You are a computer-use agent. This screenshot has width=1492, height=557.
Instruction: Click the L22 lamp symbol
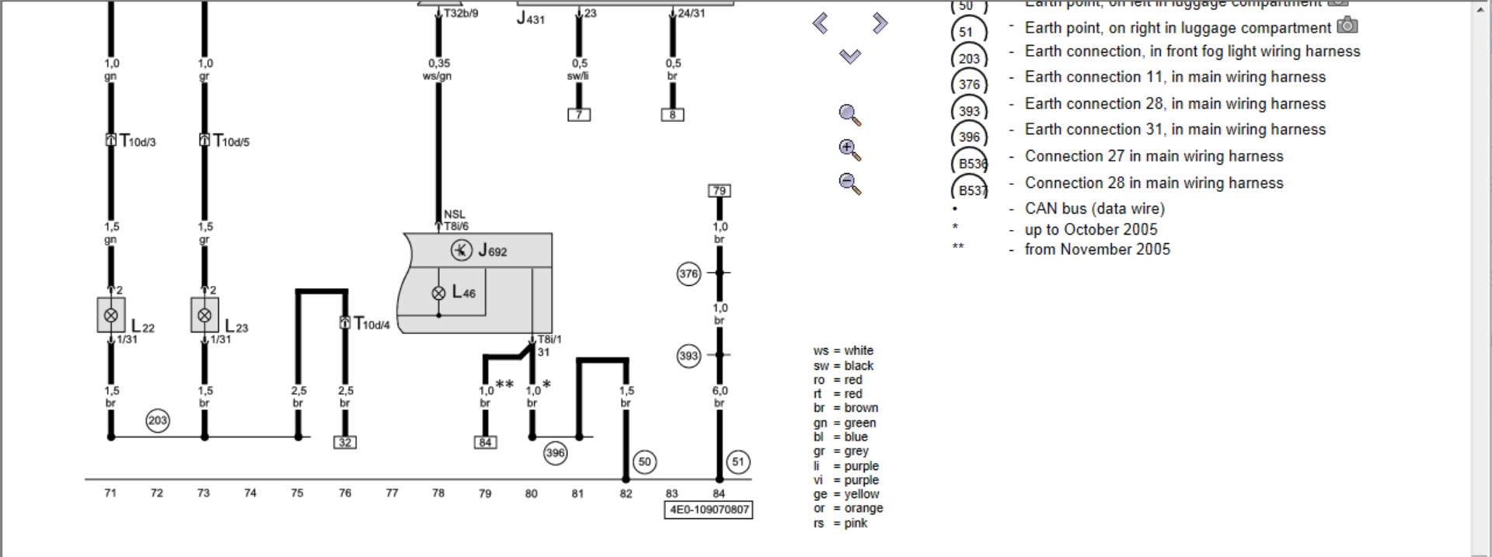111,315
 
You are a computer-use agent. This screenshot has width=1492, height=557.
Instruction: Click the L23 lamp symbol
204,315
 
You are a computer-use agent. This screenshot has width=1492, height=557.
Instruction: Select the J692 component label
492,250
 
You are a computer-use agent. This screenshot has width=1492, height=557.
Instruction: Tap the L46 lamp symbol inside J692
439,293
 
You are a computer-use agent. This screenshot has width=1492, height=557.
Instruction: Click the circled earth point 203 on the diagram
158,420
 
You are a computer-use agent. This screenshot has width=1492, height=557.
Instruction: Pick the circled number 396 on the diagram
555,453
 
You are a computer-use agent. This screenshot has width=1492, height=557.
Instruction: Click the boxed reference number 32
344,442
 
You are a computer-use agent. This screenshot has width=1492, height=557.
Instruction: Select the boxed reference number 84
485,442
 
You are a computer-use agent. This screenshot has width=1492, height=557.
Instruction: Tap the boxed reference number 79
719,190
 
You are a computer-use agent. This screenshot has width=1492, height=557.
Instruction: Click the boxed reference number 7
579,115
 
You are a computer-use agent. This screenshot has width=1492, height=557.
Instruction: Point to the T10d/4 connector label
371,324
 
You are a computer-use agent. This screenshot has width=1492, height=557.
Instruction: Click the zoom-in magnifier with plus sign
849,150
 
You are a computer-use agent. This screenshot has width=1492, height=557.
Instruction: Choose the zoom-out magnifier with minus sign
849,184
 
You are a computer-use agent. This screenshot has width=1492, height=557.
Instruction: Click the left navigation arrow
821,23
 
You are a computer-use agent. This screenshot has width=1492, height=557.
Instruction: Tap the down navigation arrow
850,56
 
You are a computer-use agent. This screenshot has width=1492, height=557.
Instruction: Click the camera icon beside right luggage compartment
1347,26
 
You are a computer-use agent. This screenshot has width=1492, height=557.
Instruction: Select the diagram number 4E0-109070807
709,510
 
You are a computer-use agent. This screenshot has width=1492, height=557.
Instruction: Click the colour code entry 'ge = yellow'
846,494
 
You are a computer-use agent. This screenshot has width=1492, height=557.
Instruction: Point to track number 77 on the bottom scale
392,493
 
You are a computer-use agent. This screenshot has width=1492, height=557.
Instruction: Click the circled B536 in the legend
971,163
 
